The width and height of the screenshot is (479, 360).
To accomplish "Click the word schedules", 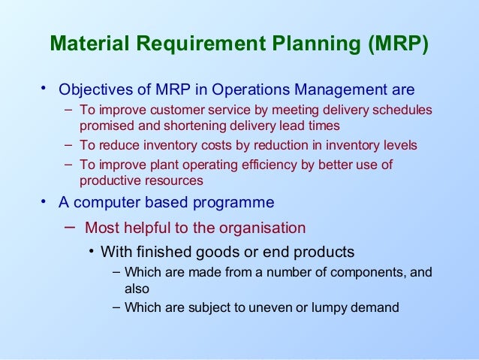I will coord(405,111).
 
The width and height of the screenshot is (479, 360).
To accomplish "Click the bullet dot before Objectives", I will coord(44,89).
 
